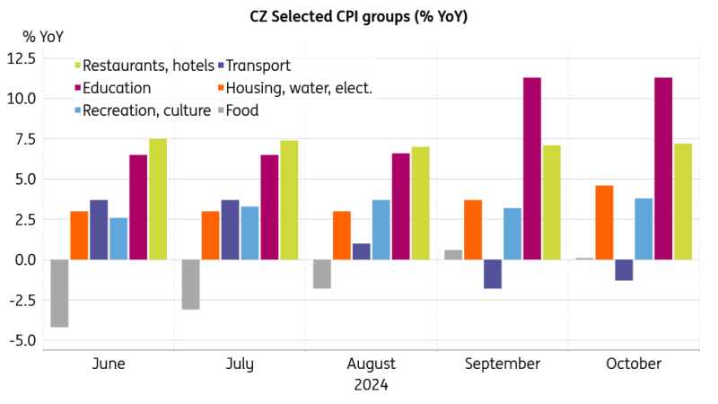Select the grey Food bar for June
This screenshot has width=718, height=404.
(x=59, y=293)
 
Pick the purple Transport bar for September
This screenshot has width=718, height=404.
(x=493, y=274)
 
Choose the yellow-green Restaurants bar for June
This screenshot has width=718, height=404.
(x=158, y=199)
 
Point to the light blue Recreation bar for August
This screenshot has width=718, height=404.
(x=381, y=230)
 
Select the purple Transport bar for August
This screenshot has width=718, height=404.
(x=362, y=251)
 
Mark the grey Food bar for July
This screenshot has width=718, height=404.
(x=190, y=285)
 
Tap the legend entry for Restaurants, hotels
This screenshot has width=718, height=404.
(x=144, y=66)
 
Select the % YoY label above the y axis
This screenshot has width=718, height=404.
(x=42, y=36)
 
